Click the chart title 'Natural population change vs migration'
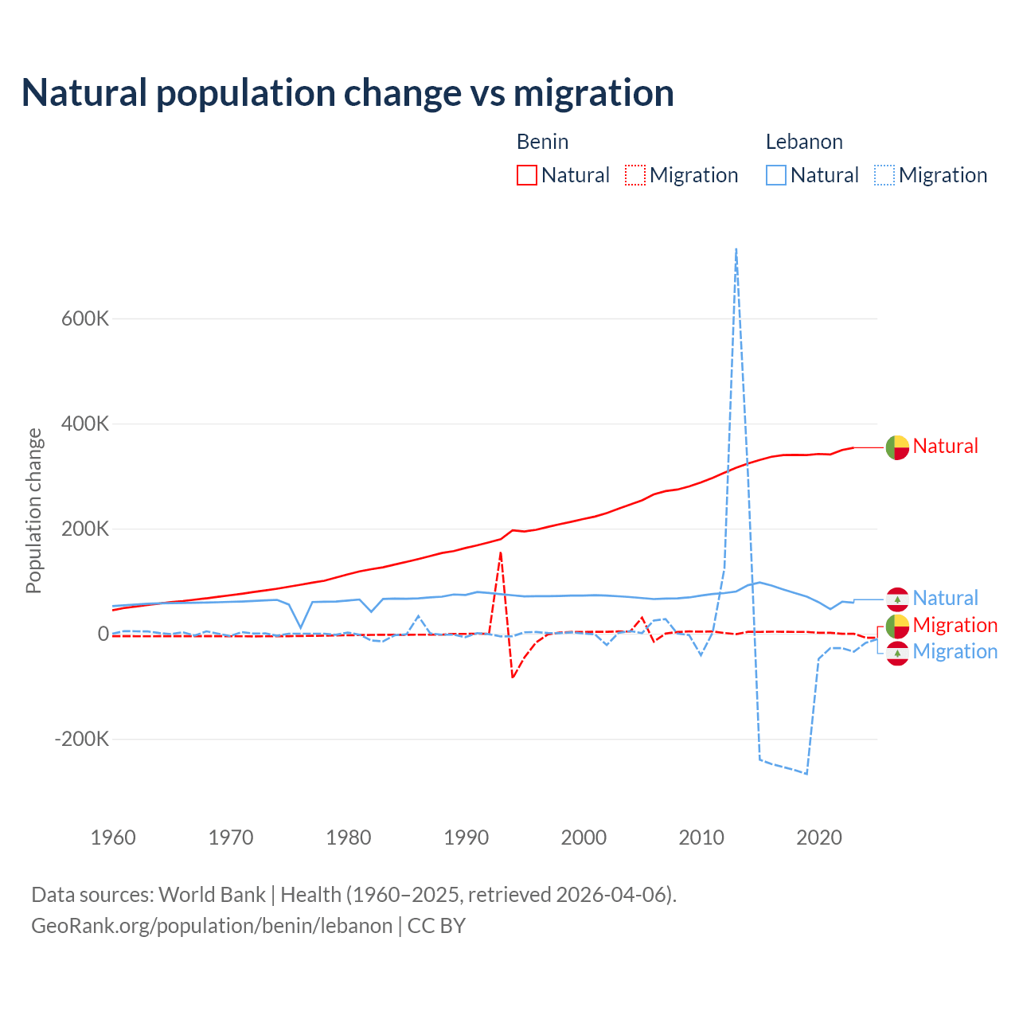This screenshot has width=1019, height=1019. pyautogui.click(x=348, y=93)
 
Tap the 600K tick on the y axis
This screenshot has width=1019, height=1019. pyautogui.click(x=85, y=318)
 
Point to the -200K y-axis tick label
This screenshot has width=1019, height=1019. pyautogui.click(x=81, y=739)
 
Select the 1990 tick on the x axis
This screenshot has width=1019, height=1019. pyautogui.click(x=466, y=837)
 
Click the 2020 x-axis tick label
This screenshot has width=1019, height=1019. pyautogui.click(x=819, y=837)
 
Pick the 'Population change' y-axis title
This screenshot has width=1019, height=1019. pyautogui.click(x=33, y=510)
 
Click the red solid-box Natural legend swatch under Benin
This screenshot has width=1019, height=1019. pyautogui.click(x=527, y=175)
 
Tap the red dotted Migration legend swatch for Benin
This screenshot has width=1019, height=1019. pyautogui.click(x=635, y=175)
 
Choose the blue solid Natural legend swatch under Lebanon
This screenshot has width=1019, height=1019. pyautogui.click(x=776, y=175)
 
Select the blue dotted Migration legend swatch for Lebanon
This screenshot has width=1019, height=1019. pyautogui.click(x=884, y=175)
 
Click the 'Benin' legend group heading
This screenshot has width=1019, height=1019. pyautogui.click(x=542, y=142)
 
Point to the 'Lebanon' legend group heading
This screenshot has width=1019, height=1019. pyautogui.click(x=804, y=142)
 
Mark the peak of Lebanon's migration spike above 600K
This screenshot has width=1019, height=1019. pyautogui.click(x=736, y=249)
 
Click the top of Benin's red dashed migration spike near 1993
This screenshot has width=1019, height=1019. pyautogui.click(x=501, y=552)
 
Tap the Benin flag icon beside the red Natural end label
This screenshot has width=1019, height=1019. pyautogui.click(x=897, y=447)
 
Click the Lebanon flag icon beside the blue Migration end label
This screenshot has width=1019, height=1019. pyautogui.click(x=897, y=653)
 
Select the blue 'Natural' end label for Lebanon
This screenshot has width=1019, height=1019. pyautogui.click(x=945, y=598)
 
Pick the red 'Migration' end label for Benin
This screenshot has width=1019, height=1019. pyautogui.click(x=955, y=625)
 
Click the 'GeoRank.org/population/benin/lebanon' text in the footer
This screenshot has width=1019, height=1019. pyautogui.click(x=212, y=926)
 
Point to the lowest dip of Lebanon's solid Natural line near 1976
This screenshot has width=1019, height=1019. pyautogui.click(x=301, y=628)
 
